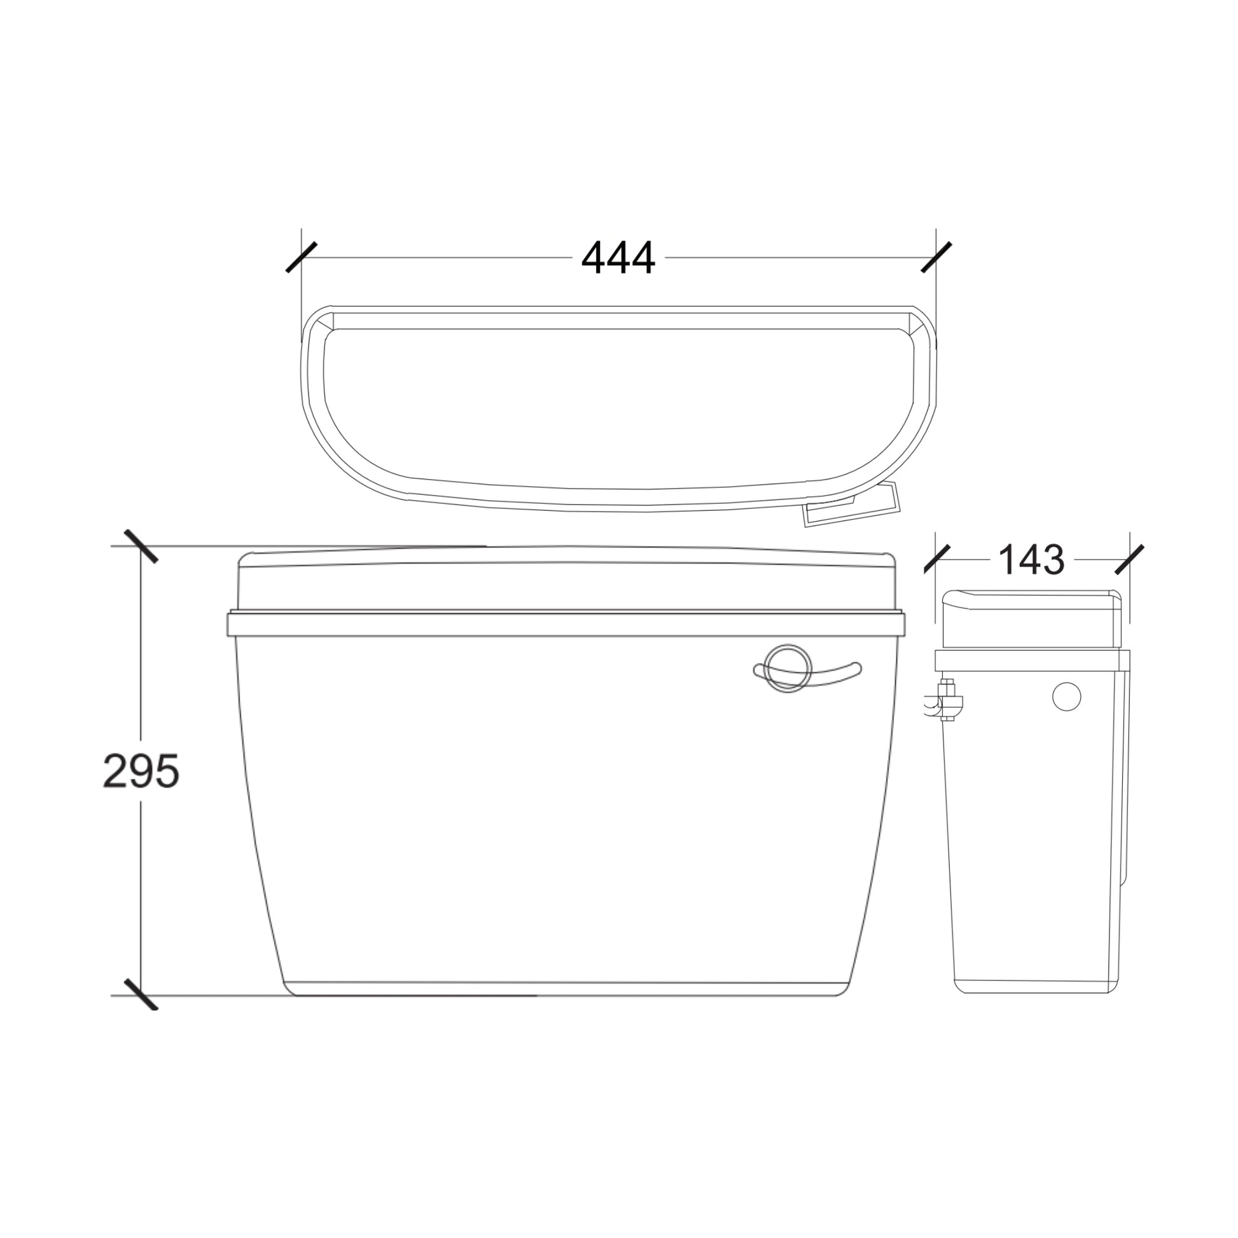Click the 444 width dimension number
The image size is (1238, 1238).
tap(618, 257)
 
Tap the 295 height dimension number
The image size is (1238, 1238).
tap(141, 771)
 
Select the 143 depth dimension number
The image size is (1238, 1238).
tap(1031, 560)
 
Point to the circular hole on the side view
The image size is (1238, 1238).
tap(1066, 697)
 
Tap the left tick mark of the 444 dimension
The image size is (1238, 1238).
tap(301, 257)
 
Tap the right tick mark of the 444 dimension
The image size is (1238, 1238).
tap(936, 257)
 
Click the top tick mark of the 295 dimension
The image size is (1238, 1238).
tap(141, 546)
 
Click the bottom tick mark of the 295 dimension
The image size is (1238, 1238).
tap(141, 995)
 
